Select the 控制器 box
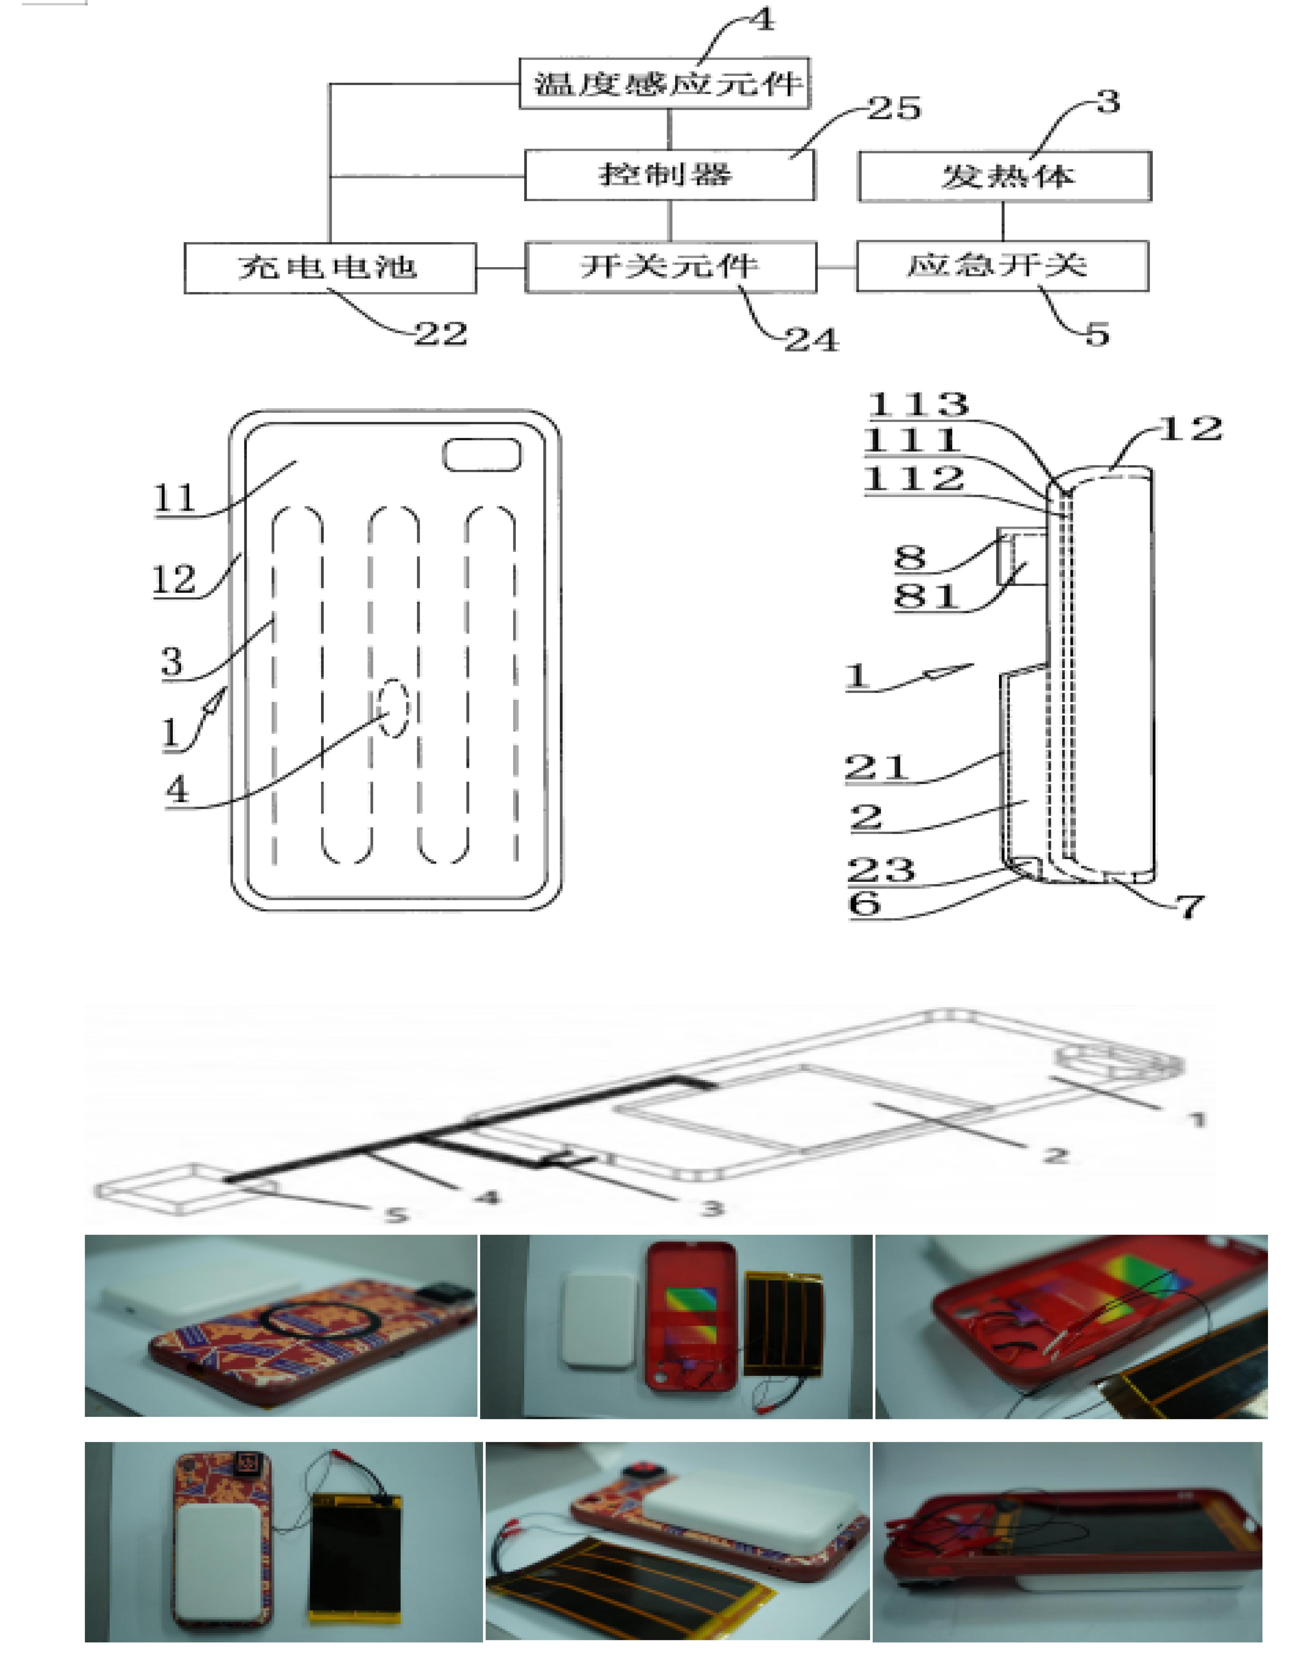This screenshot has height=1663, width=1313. [670, 175]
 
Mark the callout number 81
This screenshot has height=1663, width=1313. [927, 596]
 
